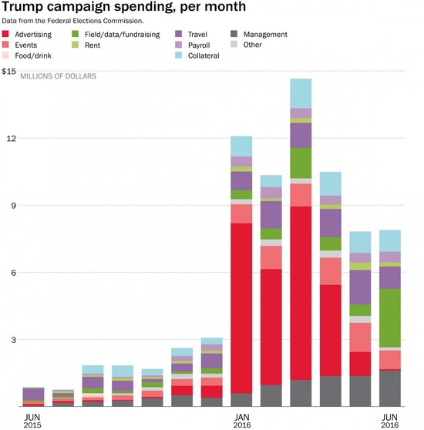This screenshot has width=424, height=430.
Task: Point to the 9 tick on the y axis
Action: click(x=10, y=206)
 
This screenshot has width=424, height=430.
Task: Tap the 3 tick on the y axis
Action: click(x=10, y=340)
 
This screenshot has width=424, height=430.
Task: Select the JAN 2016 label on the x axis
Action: click(x=241, y=420)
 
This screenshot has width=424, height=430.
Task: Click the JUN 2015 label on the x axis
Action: click(x=32, y=420)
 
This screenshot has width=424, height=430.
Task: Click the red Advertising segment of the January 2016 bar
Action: click(x=241, y=308)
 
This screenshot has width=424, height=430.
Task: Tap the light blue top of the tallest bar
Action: click(x=301, y=93)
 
